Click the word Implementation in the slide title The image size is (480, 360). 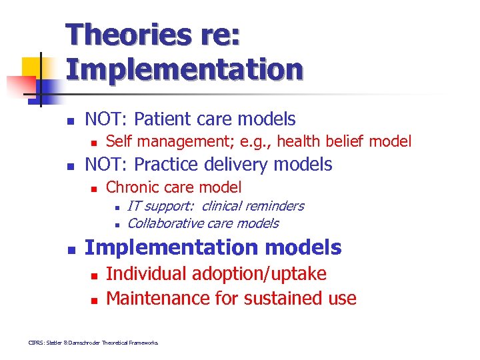(x=184, y=69)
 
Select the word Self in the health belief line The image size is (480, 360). (x=118, y=141)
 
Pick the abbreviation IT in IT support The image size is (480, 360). (x=133, y=206)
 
